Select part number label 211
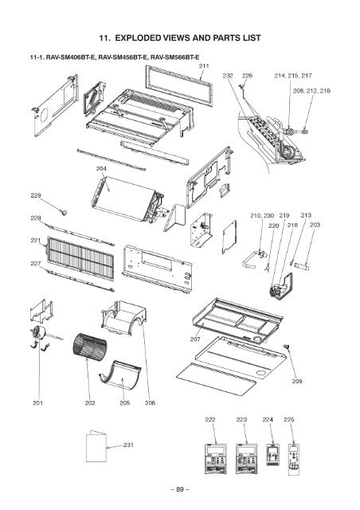(x=204, y=65)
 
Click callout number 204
(x=101, y=170)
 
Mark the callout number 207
(x=194, y=339)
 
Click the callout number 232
(x=227, y=76)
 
